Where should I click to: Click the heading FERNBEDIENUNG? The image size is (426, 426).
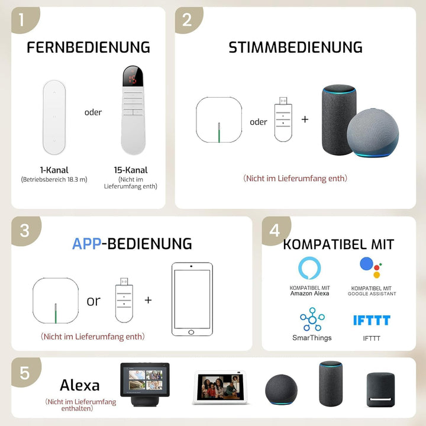click(88, 47)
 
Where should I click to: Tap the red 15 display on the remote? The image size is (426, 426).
click(133, 79)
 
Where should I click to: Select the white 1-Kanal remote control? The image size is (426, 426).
click(54, 117)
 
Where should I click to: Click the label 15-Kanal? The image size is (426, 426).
click(131, 170)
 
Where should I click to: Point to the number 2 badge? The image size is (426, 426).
click(188, 20)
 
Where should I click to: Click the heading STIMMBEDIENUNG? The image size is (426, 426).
click(295, 47)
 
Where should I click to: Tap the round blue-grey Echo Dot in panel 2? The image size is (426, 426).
click(373, 133)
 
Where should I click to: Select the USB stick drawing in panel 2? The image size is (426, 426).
click(283, 120)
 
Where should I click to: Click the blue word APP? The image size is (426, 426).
click(86, 244)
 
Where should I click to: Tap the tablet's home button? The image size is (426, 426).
click(191, 333)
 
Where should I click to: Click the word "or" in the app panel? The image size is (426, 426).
click(93, 301)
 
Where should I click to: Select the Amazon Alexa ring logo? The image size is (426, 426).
click(309, 268)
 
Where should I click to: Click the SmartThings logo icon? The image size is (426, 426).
click(312, 319)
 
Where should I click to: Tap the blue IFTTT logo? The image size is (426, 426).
click(372, 320)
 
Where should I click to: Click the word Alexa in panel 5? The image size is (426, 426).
click(80, 385)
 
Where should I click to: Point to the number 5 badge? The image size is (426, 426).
click(25, 373)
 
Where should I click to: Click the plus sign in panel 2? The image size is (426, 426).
click(305, 120)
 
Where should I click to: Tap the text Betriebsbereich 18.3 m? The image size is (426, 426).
click(54, 180)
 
